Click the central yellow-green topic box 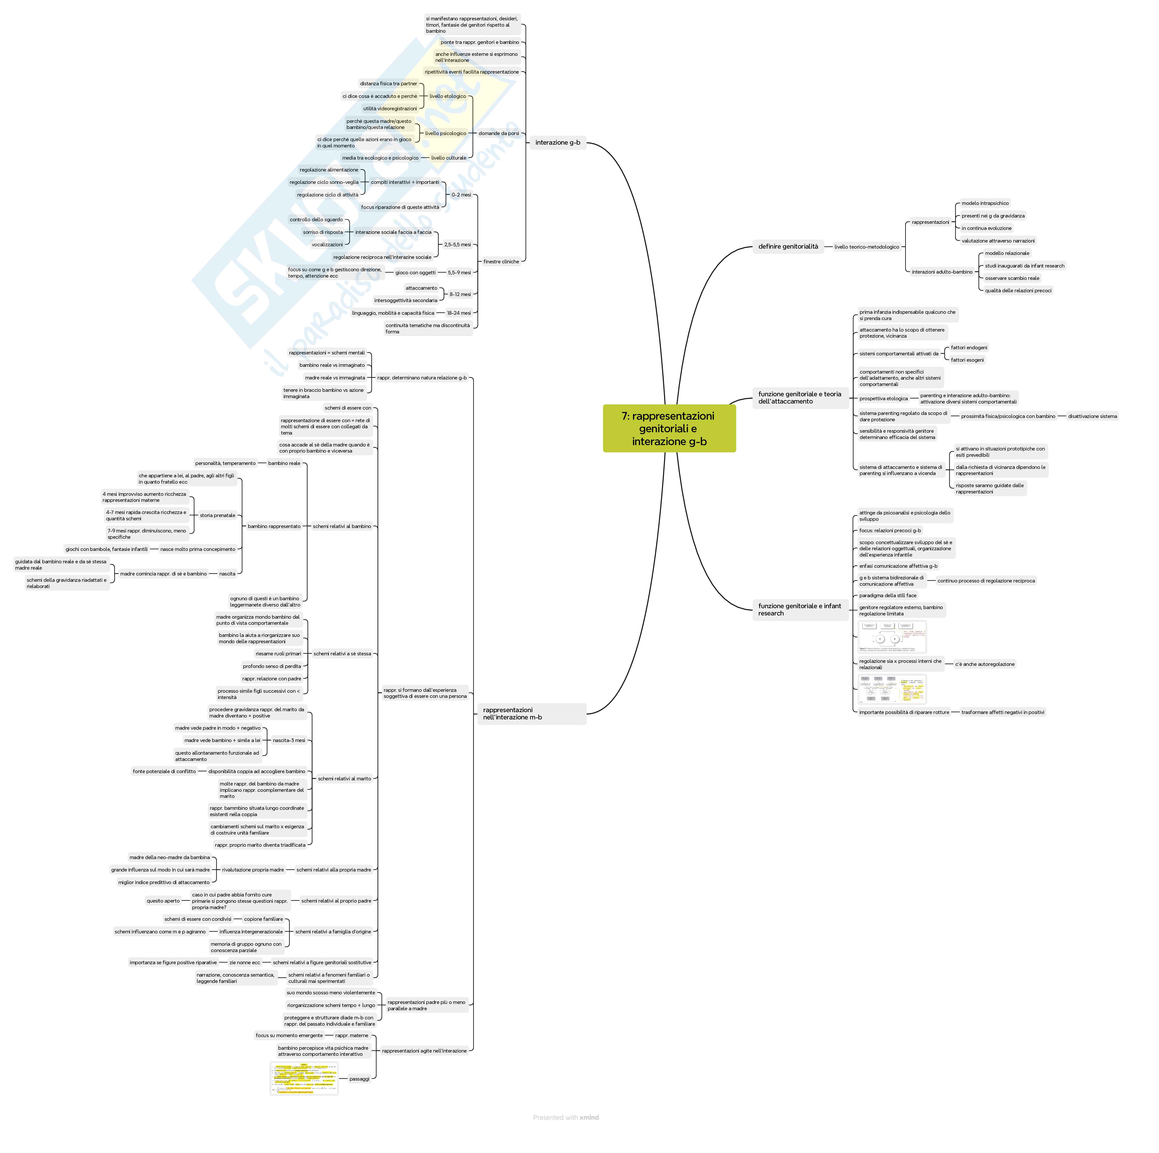669,428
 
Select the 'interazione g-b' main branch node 557,143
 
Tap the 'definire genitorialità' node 788,246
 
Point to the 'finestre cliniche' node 501,261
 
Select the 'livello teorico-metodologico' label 866,247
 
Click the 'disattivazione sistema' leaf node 1092,416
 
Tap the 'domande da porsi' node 499,133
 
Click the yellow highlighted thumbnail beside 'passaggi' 304,1078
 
